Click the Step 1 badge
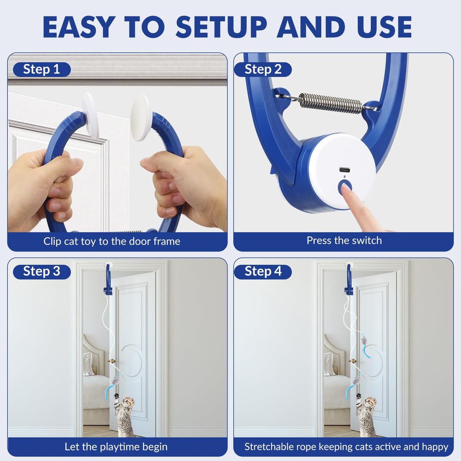pyautogui.click(x=42, y=70)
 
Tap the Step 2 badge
pyautogui.click(x=263, y=70)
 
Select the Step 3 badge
pyautogui.click(x=42, y=272)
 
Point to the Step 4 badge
pyautogui.click(x=263, y=272)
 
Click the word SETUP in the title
pyautogui.click(x=221, y=27)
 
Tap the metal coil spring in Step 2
pyautogui.click(x=330, y=103)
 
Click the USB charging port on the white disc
pyautogui.click(x=344, y=170)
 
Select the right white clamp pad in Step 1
pyautogui.click(x=141, y=117)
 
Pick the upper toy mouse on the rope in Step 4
pyautogui.click(x=365, y=341)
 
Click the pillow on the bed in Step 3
pyautogui.click(x=88, y=364)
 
